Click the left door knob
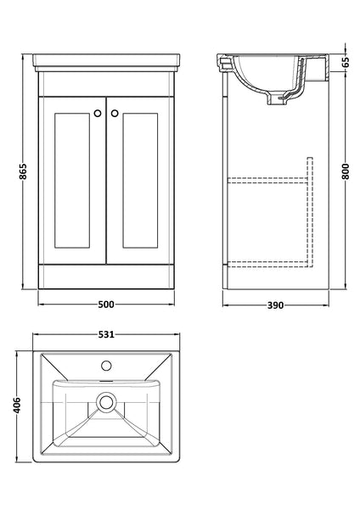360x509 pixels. point(98,112)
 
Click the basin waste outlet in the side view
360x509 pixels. point(273,100)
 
